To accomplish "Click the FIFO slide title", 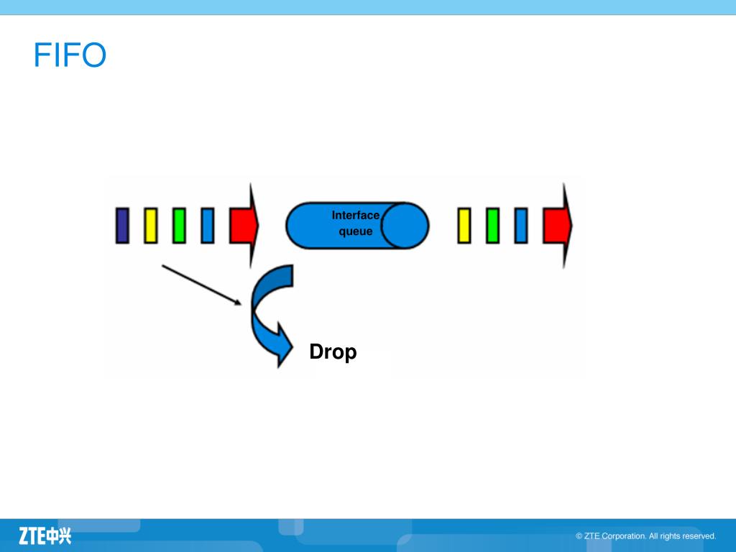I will coord(70,55).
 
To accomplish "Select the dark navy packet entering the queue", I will coord(122,225).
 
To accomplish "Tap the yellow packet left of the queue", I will coord(150,225).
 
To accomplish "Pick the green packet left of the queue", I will coord(179,225).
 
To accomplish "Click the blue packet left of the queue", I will coord(208,225).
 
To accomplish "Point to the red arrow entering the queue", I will coord(243,225).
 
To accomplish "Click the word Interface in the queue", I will coord(355,215).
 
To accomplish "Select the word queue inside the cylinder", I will coord(356,231).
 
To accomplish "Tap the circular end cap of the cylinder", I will coord(405,225).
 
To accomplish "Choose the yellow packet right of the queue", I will coord(464,225).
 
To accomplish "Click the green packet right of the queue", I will coord(492,225).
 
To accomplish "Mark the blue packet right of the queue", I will coord(521,225).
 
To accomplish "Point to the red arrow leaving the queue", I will coord(557,225).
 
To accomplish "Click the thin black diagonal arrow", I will coord(201,285).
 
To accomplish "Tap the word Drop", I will coord(333,352).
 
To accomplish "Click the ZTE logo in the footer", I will coord(45,535).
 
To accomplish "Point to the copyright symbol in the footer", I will coord(579,536).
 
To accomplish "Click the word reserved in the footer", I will coord(699,536).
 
